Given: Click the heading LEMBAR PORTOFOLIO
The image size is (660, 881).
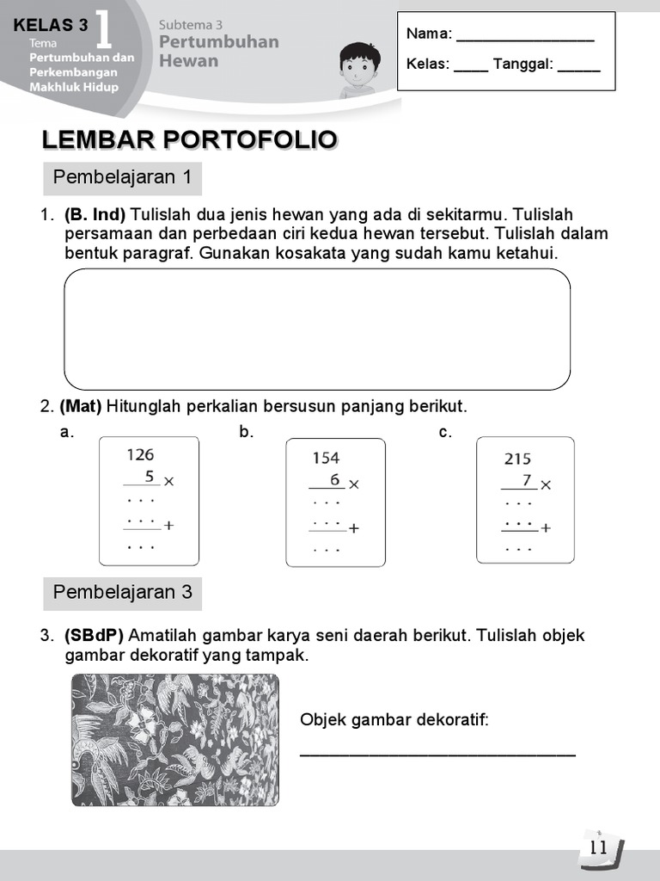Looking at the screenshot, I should tap(189, 139).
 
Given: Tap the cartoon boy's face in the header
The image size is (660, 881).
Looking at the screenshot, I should tap(359, 65).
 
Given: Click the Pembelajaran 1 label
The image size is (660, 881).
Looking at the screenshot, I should tap(122, 178).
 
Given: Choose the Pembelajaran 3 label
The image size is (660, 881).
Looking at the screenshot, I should tap(122, 593).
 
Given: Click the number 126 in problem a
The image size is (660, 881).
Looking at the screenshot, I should tap(140, 454).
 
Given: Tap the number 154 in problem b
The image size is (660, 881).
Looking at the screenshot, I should tap(326, 459).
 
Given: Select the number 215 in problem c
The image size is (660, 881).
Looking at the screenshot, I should tap(517, 459).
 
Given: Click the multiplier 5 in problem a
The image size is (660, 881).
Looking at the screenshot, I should tap(149, 476).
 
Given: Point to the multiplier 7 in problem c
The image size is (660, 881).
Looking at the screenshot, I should tap(526, 480).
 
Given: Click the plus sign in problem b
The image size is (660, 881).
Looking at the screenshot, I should tap(353, 528).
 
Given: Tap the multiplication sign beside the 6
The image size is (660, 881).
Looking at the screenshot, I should tap(353, 484).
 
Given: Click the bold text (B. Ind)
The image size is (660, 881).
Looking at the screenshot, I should tap(95, 214).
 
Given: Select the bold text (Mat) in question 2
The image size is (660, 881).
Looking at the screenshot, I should tap(81, 406).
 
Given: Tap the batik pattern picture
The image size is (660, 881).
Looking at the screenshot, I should tap(174, 740).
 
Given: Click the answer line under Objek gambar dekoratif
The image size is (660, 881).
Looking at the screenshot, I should tap(437, 755).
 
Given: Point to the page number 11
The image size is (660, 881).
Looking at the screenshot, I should tap(599, 847).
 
